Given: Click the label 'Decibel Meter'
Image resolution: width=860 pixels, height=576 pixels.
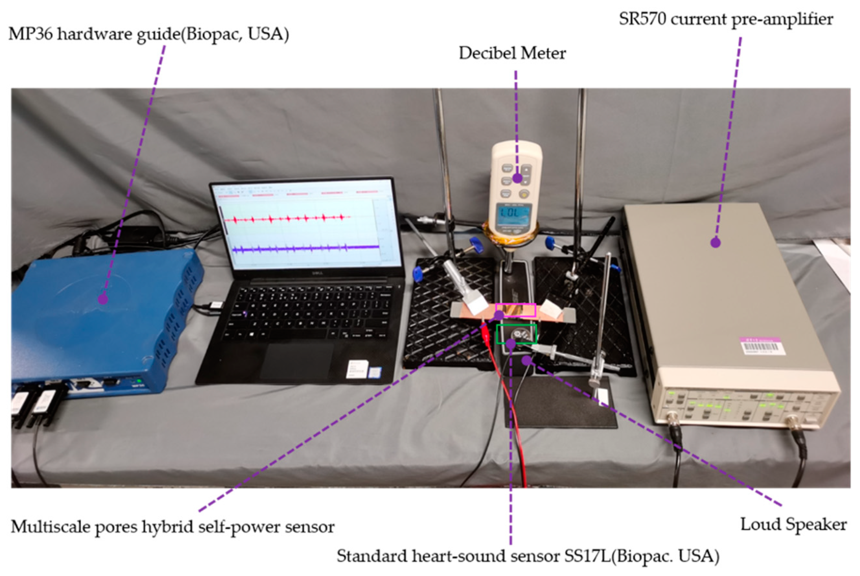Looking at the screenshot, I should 512,54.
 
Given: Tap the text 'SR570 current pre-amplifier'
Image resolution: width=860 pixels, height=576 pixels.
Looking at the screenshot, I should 726,19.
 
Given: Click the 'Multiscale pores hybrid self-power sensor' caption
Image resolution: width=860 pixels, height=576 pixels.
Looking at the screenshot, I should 172,527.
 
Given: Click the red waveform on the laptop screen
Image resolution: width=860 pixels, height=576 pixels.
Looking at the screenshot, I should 287,219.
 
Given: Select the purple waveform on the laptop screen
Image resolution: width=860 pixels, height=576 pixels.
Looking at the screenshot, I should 305,249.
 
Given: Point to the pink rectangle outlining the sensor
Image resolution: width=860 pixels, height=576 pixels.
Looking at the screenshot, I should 515,311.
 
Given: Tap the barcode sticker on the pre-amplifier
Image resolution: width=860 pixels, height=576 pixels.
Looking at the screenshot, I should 761,346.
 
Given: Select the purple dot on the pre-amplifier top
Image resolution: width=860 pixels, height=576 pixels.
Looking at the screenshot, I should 715,243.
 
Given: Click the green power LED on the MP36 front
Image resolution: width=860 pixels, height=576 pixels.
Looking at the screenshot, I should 139,381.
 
